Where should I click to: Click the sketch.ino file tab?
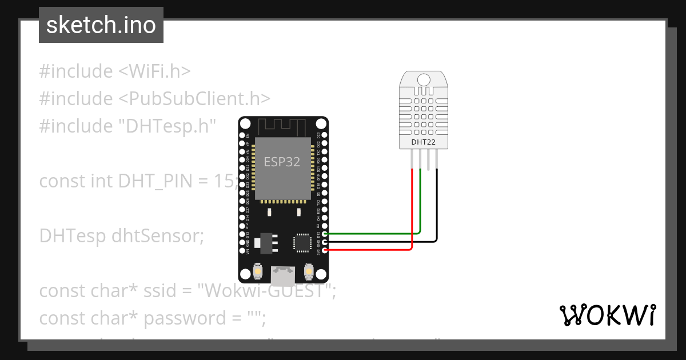[x=101, y=25]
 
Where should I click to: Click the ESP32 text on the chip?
[x=282, y=162]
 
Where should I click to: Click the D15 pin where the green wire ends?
[x=325, y=234]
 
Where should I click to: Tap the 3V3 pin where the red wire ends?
[x=325, y=250]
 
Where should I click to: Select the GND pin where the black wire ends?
[x=325, y=242]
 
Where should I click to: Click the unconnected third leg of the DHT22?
[x=429, y=159]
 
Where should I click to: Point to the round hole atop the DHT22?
[x=424, y=79]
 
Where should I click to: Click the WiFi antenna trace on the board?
[x=283, y=126]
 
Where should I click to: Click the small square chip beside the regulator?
[x=301, y=242]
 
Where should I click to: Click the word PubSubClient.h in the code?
[x=194, y=99]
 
